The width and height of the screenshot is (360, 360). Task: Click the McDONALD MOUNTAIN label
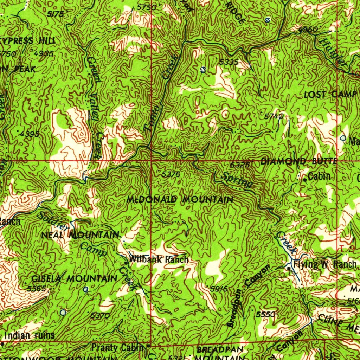[180, 200]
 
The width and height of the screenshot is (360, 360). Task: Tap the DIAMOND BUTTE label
[299, 161]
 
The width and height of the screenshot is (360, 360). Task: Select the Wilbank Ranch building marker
[127, 263]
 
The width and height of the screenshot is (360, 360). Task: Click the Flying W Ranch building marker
[289, 269]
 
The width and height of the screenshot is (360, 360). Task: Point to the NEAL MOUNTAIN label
[80, 234]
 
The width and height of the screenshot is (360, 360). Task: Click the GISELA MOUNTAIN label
[74, 279]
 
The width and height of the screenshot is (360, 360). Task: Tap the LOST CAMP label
[326, 94]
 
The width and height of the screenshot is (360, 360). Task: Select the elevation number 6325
[240, 165]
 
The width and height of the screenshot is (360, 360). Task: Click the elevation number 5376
[171, 174]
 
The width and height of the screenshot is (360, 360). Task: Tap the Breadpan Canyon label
[248, 296]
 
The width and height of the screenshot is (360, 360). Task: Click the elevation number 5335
[229, 62]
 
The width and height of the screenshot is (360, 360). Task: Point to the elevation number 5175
[55, 14]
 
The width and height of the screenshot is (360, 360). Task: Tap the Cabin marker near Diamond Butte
[305, 180]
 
